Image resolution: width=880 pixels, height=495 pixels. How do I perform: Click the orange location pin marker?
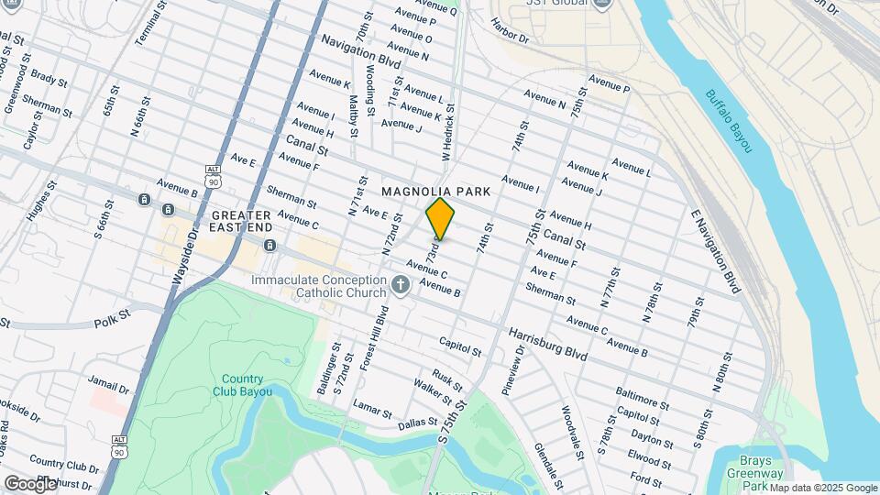tap(440, 218)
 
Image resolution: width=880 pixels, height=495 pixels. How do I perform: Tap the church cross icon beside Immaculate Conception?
tap(400, 286)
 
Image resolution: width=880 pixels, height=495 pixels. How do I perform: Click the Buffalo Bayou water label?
tap(728, 120)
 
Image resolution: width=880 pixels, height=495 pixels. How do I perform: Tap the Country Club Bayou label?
tap(242, 386)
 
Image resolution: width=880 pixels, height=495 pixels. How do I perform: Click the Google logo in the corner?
tap(30, 483)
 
